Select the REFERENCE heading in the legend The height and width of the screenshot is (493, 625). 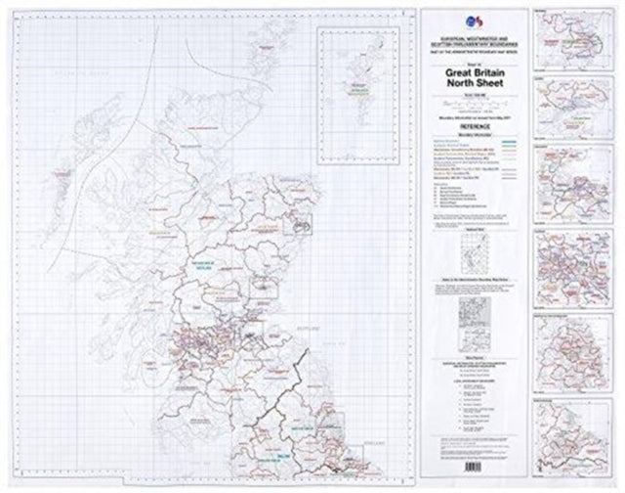click(x=473, y=125)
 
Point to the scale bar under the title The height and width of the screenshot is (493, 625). click(x=473, y=103)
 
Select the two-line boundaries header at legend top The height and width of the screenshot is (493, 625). click(x=473, y=47)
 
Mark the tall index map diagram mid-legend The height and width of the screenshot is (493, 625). click(x=473, y=245)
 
